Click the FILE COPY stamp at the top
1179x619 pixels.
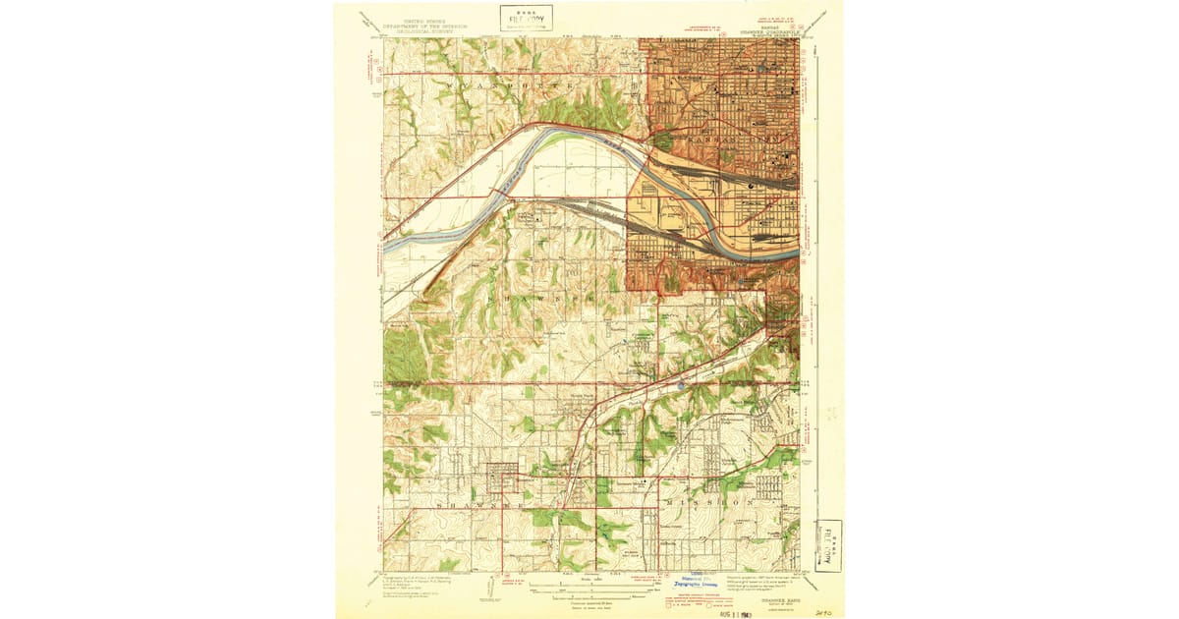pyautogui.click(x=526, y=18)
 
